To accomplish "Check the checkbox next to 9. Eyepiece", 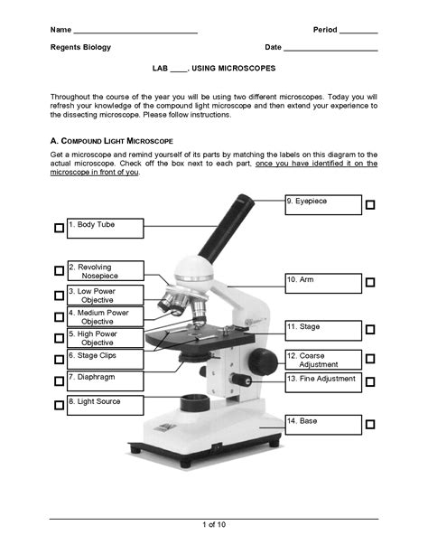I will tap(370, 206).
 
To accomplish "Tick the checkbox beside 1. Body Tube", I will tap(59, 230).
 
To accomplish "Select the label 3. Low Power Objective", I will tap(104, 296).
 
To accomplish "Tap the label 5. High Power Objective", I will tap(104, 338).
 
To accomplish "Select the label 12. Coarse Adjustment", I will tap(322, 360).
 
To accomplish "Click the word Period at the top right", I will tap(324, 30).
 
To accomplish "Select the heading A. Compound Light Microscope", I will tap(111, 142).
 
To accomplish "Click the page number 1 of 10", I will tap(213, 525).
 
